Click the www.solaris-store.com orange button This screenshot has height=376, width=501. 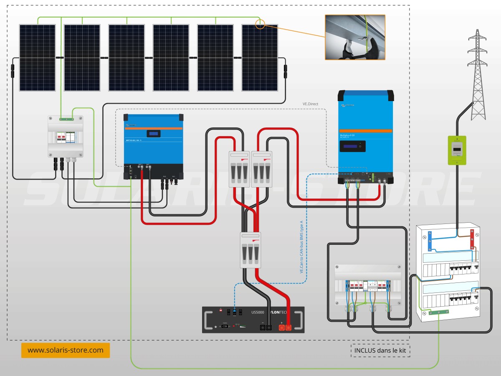[65, 350]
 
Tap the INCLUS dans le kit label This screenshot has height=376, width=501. [380, 350]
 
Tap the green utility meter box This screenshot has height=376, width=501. [457, 150]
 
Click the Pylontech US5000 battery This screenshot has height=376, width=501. [253, 320]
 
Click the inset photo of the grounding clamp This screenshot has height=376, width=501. [355, 37]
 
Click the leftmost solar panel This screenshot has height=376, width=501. [37, 57]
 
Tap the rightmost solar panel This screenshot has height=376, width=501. [260, 57]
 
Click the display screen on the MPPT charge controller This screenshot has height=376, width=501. [154, 134]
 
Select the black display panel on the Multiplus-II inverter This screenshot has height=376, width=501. [352, 146]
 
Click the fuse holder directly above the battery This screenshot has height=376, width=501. [250, 250]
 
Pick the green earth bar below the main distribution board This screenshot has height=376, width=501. [440, 312]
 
